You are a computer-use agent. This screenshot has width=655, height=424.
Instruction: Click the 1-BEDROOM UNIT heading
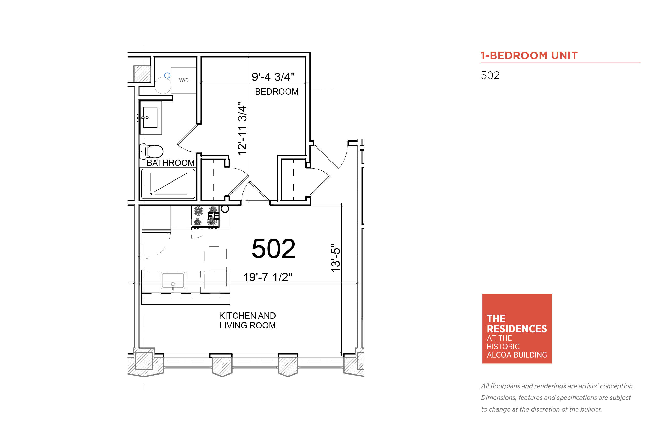(x=529, y=56)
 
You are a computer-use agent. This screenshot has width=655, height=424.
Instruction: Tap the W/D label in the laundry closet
(x=184, y=80)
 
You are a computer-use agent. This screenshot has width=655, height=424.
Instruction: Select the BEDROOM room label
(x=276, y=92)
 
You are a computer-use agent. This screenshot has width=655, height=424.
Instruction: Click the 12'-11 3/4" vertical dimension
(x=242, y=128)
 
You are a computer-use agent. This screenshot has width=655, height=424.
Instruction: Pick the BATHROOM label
(x=171, y=163)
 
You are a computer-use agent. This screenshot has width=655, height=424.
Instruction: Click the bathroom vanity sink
(x=150, y=118)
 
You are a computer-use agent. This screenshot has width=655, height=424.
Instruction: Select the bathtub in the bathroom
(x=168, y=184)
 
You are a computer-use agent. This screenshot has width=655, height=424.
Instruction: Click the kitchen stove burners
(x=205, y=216)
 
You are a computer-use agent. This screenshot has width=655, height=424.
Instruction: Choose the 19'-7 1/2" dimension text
(x=267, y=277)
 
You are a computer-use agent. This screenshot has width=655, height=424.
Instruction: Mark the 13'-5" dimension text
(x=335, y=258)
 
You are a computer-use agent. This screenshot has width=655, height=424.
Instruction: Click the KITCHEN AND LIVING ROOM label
(x=247, y=320)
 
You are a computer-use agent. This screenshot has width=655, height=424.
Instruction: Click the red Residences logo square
(x=517, y=328)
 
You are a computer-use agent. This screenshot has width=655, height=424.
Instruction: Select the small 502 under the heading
(x=490, y=75)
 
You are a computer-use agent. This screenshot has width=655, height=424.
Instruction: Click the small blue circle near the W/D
(x=167, y=75)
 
